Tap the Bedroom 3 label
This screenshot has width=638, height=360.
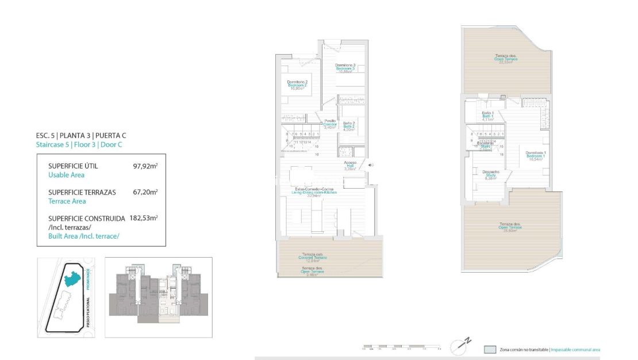(345, 68)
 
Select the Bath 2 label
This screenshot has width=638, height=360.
(349, 126)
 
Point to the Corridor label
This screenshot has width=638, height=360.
(330, 124)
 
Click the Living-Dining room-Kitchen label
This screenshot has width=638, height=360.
(316, 192)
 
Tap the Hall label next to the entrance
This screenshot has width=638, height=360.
(350, 166)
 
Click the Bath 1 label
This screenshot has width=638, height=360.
(488, 116)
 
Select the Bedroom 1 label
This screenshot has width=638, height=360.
(535, 155)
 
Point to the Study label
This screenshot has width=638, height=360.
(490, 175)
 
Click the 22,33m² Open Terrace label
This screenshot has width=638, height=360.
(506, 59)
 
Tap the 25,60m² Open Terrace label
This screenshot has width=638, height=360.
(510, 227)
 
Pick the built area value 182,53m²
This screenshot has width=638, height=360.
(144, 219)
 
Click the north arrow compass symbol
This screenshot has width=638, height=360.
(460, 346)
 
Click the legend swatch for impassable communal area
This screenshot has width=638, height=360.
(489, 349)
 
